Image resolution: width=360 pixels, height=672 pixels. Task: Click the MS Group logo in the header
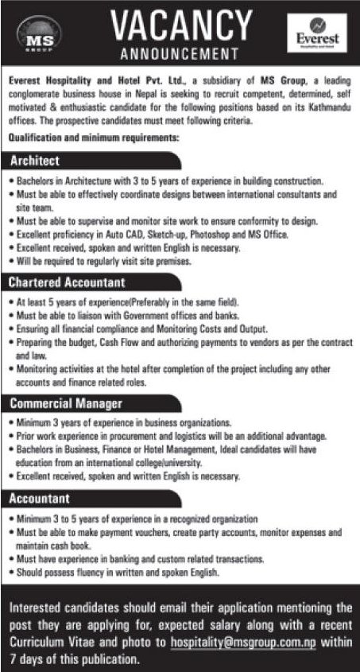click(35, 36)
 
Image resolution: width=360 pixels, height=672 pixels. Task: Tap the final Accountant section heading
click(42, 499)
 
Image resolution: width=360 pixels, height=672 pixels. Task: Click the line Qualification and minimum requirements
click(94, 138)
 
